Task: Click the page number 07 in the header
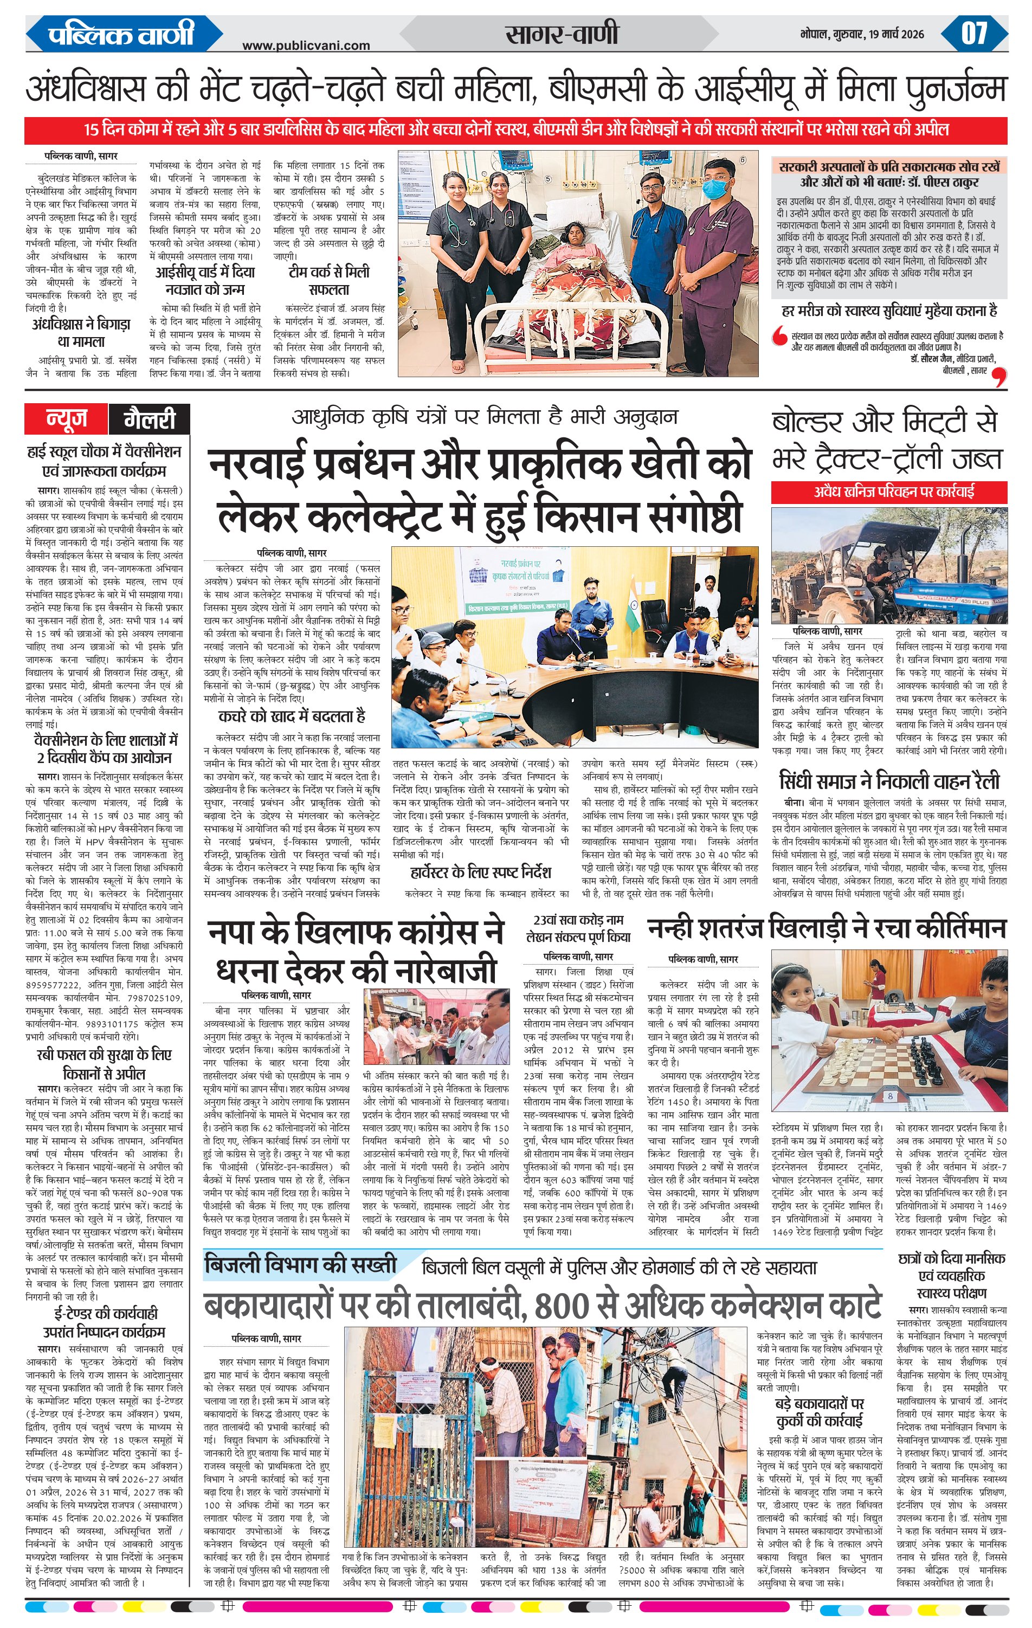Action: (x=974, y=33)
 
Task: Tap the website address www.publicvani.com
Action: (x=306, y=46)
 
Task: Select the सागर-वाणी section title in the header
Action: (x=562, y=34)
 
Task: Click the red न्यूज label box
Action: (x=66, y=419)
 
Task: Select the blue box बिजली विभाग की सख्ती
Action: (x=300, y=1263)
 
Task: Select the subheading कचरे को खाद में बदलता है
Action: (x=292, y=716)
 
